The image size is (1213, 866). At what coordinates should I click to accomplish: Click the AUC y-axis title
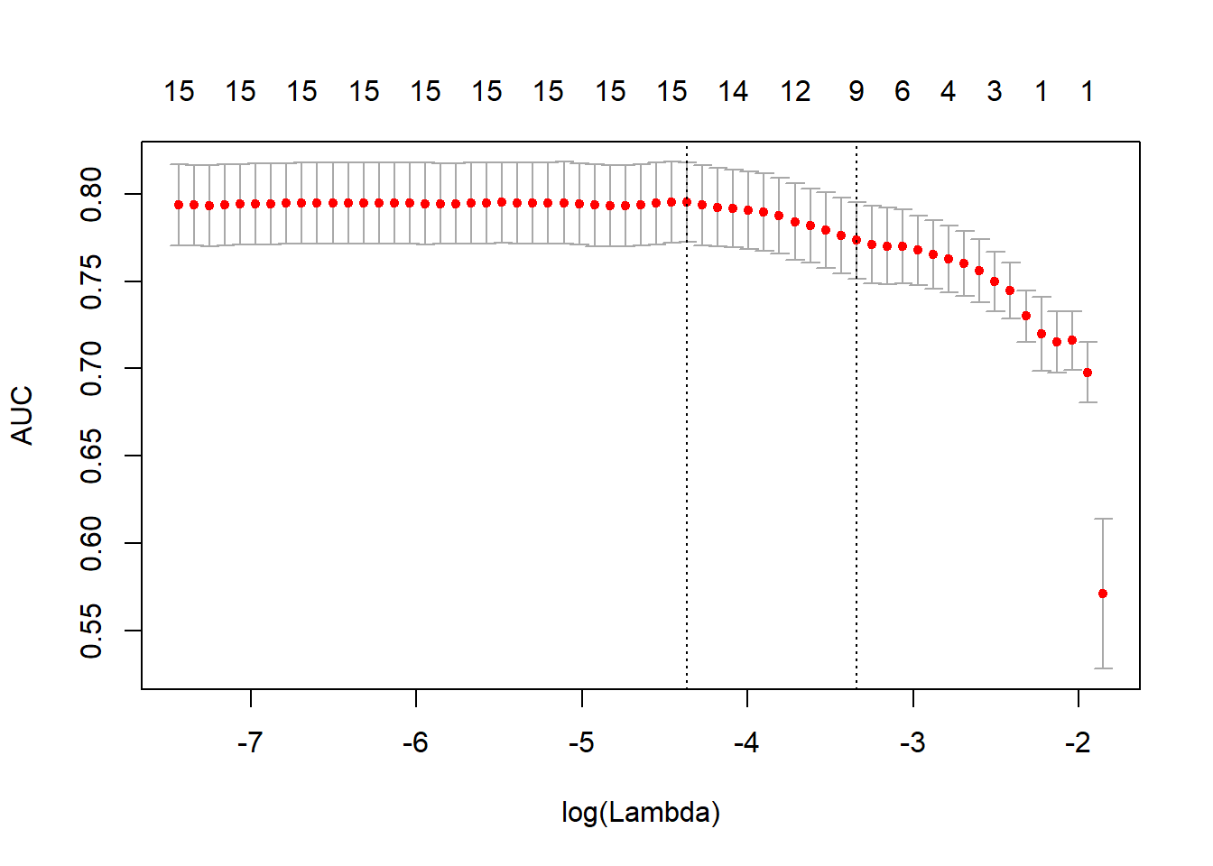22,415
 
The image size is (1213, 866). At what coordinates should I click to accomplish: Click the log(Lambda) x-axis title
641,813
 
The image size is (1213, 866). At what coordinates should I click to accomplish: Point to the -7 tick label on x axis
250,742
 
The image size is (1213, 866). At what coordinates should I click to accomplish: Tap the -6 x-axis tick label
415,742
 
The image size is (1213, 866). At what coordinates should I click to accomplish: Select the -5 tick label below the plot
581,742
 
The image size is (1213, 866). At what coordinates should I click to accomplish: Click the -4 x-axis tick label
746,742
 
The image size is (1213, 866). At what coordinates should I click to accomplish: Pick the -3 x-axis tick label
912,742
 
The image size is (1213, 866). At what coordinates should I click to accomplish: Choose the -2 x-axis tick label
1078,742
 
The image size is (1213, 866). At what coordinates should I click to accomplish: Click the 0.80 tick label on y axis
92,194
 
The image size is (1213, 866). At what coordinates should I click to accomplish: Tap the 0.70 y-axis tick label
92,369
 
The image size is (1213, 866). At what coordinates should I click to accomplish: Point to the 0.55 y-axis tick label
92,631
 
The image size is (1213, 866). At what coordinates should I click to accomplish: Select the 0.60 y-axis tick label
92,543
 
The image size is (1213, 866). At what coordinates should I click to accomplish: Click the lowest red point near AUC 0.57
1103,594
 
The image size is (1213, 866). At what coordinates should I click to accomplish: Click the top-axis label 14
733,91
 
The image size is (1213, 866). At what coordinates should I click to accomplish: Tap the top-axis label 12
795,91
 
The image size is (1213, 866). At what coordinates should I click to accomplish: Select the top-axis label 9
857,91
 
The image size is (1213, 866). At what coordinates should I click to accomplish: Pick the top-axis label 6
903,91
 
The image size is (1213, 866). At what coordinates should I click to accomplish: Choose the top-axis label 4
948,91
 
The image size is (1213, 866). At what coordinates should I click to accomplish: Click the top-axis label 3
995,91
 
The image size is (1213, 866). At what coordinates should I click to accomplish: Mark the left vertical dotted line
687,451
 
